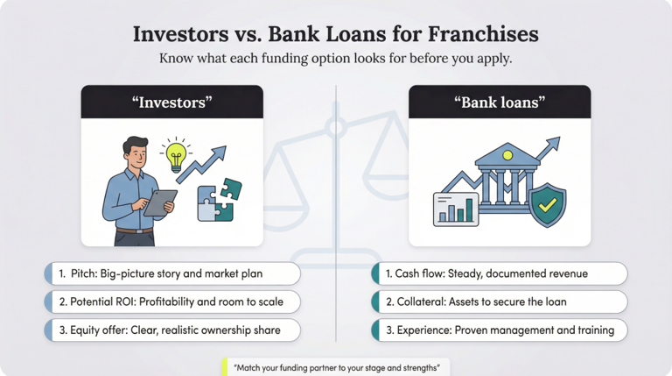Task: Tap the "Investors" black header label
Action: pos(171,102)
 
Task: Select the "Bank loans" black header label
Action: pos(500,102)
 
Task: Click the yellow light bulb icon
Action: pos(178,155)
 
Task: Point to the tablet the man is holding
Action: pos(159,202)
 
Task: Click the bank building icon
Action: pos(507,176)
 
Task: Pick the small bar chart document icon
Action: pos(456,209)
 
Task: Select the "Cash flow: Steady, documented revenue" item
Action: pos(500,273)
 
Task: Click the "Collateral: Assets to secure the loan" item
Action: pos(500,302)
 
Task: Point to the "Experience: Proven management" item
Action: pos(500,330)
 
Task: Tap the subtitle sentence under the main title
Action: pos(336,59)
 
